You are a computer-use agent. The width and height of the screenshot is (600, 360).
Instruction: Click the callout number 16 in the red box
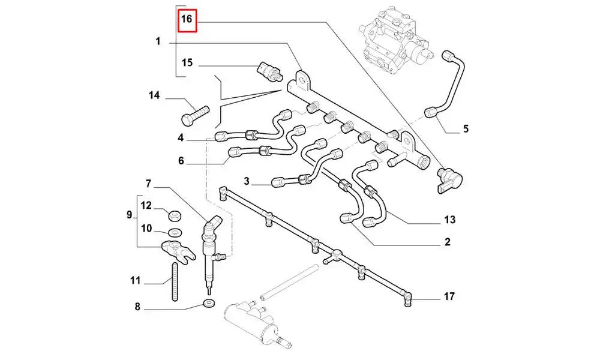click(x=187, y=19)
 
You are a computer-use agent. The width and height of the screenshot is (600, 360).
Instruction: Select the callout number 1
click(x=158, y=42)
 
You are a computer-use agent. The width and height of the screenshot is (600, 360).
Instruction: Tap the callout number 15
click(x=187, y=63)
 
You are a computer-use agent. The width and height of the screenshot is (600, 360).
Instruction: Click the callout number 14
click(x=155, y=95)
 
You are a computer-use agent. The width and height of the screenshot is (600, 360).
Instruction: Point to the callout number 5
click(x=466, y=128)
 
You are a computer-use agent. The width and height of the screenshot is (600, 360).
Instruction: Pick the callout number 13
click(x=450, y=220)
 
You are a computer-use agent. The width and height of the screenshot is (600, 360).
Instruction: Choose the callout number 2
click(x=448, y=242)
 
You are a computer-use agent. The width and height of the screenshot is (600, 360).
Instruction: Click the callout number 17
click(x=449, y=296)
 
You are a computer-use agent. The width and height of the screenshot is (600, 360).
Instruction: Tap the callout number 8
click(x=137, y=307)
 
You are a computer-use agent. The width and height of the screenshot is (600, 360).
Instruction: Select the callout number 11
click(x=135, y=280)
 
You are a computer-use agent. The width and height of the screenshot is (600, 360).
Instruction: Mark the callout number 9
click(x=129, y=214)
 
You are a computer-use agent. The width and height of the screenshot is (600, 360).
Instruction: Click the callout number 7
click(x=148, y=182)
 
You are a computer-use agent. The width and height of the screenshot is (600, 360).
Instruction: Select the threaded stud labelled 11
click(x=176, y=280)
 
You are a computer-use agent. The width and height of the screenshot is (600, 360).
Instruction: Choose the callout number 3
click(x=247, y=181)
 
